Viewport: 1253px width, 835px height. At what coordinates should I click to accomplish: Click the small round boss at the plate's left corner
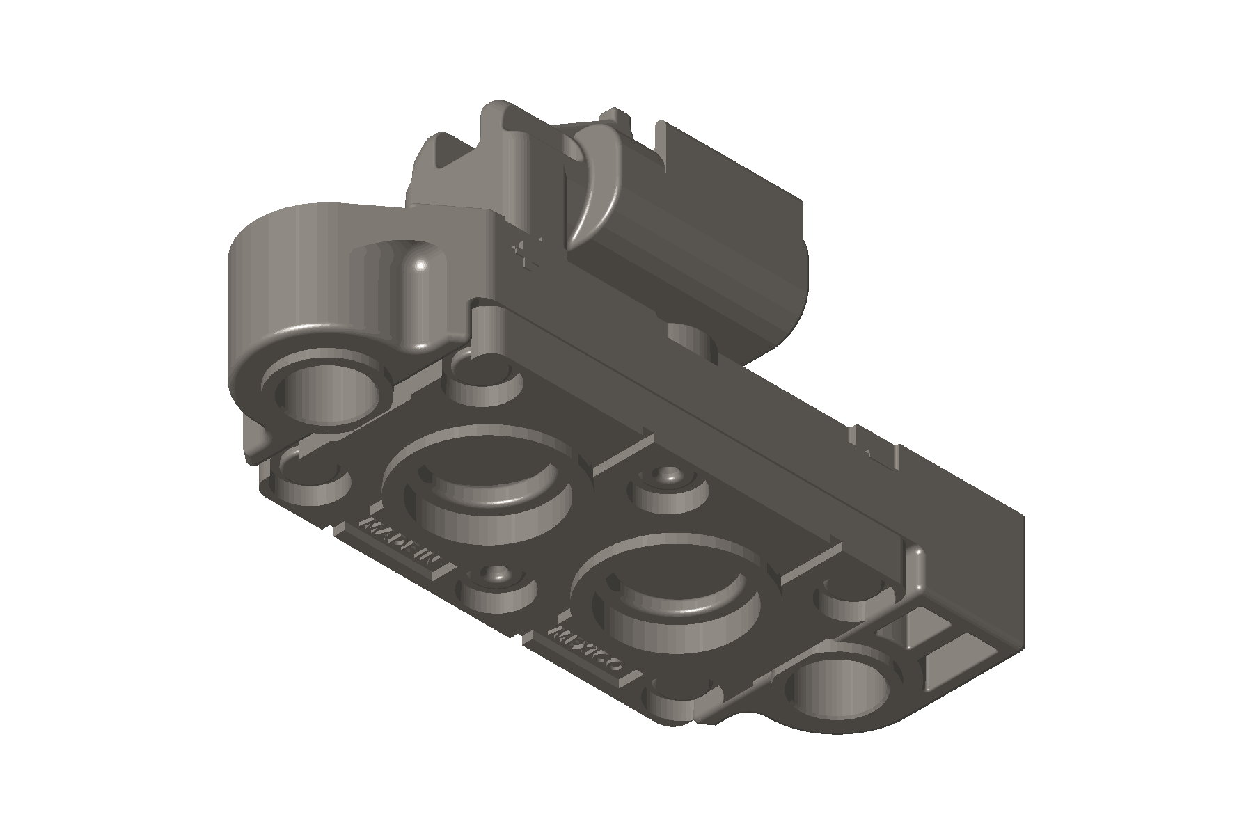[x=306, y=480]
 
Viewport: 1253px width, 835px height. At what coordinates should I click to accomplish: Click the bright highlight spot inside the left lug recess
[x=421, y=264]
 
